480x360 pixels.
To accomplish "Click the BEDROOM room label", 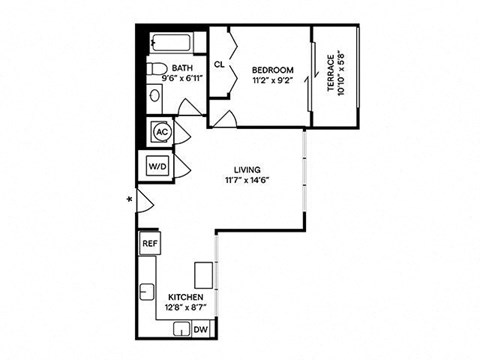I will coord(273,69).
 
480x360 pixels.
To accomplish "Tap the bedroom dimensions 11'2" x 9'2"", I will coord(273,82).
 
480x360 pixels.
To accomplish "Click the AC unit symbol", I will coord(161,132).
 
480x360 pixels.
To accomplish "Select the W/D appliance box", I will coord(158,166).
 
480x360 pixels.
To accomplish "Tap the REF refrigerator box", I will coord(150,243).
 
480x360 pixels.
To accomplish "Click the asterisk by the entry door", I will coord(129,201).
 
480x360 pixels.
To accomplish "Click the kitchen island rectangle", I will coord(205,274).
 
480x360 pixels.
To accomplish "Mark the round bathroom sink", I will coord(154,97).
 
